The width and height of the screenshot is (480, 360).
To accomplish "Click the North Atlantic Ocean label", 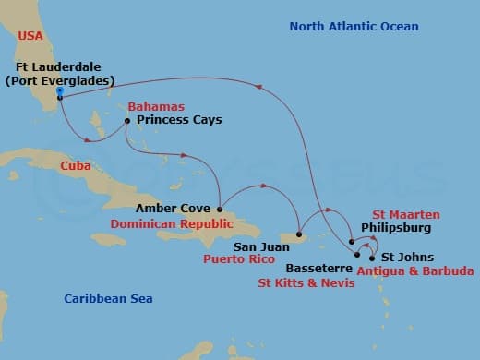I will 354,26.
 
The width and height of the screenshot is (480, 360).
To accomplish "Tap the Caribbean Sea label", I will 108,298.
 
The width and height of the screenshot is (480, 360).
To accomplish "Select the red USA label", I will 30,36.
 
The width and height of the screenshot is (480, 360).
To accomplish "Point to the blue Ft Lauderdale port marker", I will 60,91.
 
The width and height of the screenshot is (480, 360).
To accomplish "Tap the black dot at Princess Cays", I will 127,121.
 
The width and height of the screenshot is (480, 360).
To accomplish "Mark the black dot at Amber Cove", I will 220,209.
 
